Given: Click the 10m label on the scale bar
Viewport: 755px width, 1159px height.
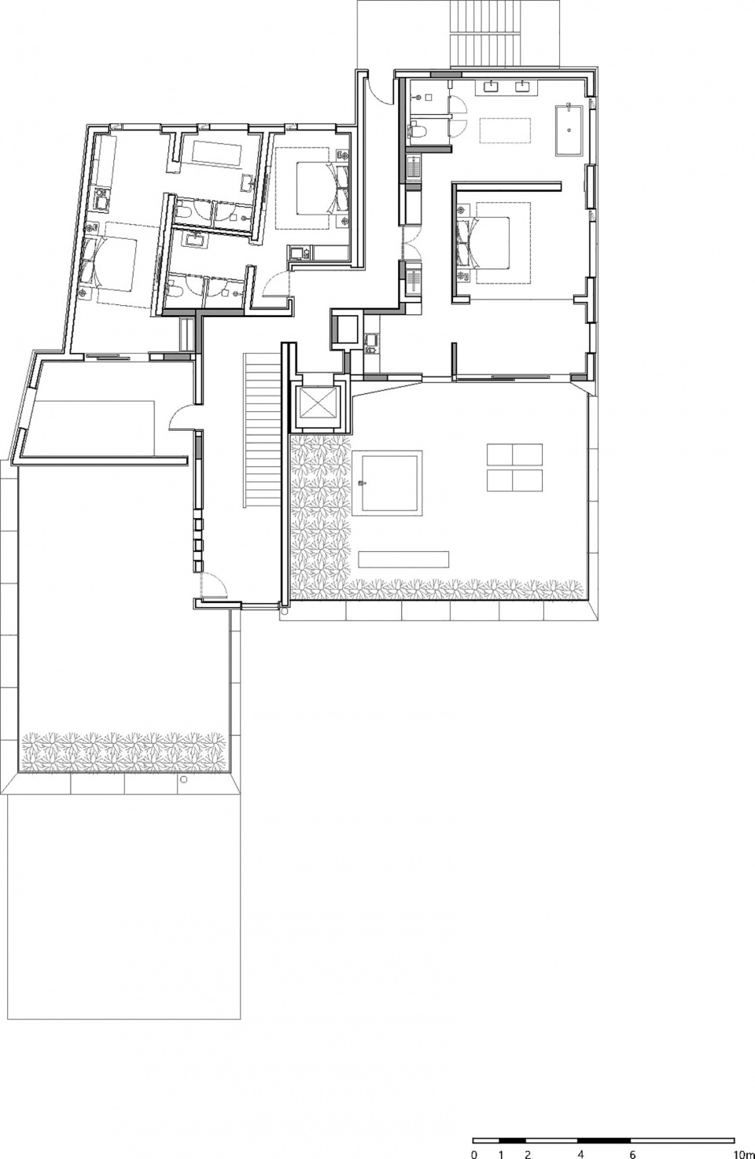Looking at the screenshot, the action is pos(744,1154).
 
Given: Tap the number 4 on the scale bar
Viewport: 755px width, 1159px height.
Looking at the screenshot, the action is pos(580,1154).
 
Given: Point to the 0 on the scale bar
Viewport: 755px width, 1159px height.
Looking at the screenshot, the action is pos(474,1154).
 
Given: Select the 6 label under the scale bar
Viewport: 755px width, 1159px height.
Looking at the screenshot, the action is pos(632,1154).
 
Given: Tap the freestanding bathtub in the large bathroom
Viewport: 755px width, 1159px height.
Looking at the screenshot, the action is pos(569,131).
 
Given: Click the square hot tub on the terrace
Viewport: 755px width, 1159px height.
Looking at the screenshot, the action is pos(387,484).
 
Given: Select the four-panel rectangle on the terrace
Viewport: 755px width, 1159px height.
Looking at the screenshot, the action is pos(514,467).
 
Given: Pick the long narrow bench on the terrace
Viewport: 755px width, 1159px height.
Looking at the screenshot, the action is pos(403,559).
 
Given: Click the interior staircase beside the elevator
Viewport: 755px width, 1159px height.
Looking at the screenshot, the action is pos(263,430).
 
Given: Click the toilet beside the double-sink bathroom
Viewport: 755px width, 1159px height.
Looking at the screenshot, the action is pos(416,130).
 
